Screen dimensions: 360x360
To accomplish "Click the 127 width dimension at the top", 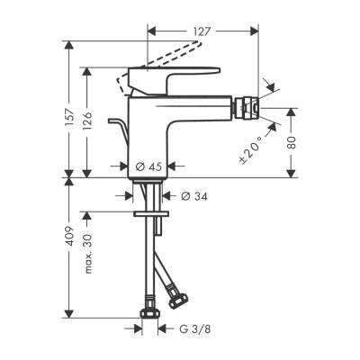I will point(202,30).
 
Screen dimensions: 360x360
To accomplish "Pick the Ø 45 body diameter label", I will point(148,166).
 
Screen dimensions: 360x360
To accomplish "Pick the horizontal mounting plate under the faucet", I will point(149,214).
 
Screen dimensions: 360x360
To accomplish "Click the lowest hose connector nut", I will point(150,315).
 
